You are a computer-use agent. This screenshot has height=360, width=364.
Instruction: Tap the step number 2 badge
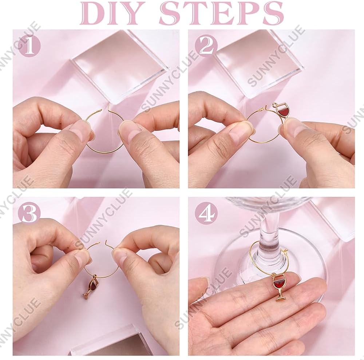pyautogui.click(x=206, y=46)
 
